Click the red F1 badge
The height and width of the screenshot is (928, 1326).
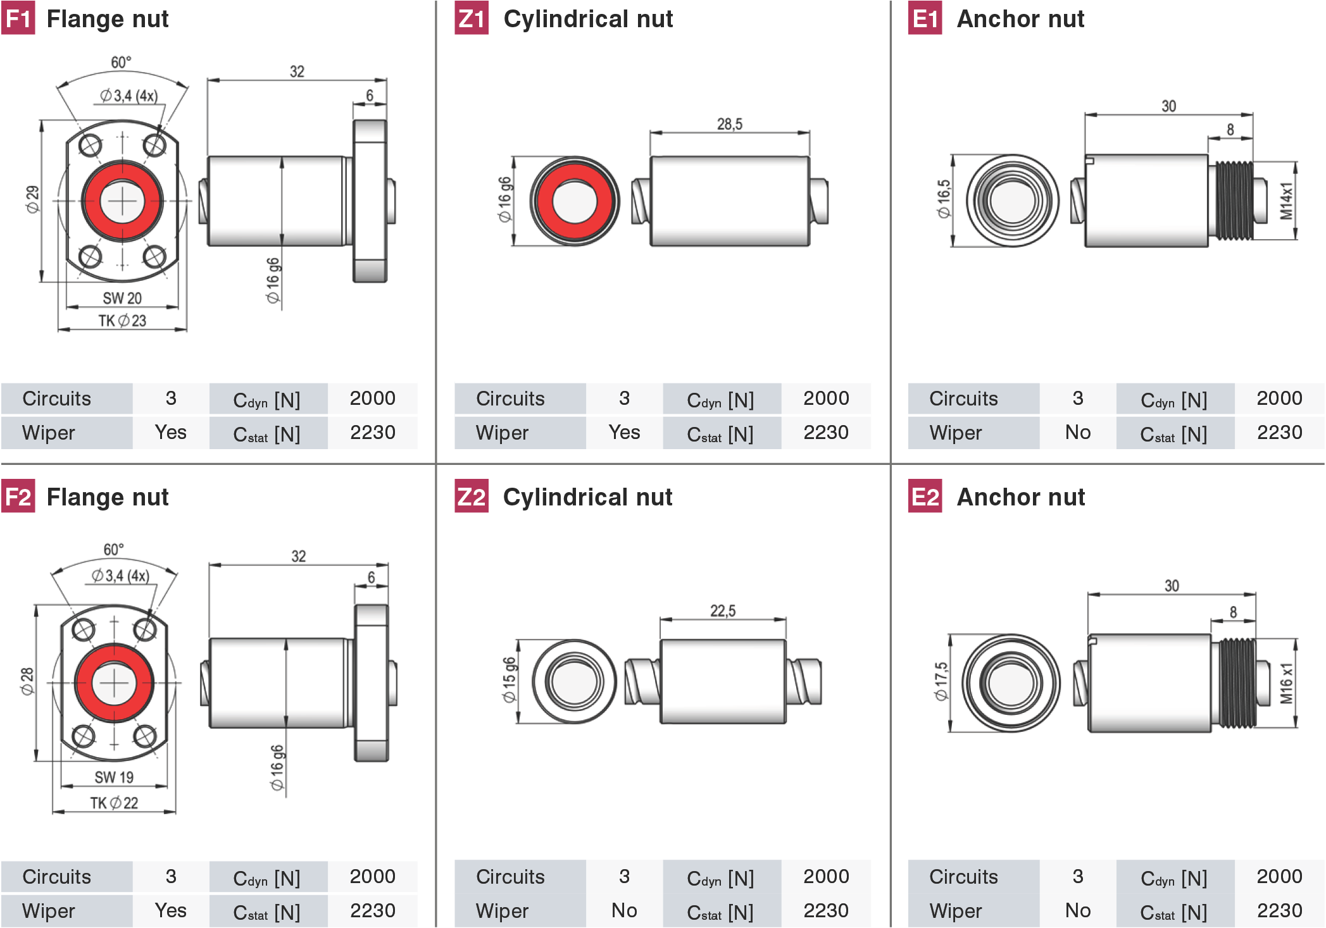18,18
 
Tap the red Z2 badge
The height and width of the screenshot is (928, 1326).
472,497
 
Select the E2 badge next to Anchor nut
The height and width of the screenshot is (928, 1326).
925,497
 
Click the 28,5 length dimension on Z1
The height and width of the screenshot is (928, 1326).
729,124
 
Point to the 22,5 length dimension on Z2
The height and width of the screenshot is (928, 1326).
722,610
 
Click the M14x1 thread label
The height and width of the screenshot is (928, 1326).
1285,201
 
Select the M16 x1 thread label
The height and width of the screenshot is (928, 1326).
1286,683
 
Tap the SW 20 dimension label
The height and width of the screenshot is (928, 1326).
122,298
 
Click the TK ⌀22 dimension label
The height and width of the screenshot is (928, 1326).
114,803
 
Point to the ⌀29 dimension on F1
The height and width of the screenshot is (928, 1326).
32,199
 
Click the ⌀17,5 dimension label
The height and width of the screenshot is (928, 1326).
941,681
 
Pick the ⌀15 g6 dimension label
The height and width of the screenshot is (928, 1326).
509,680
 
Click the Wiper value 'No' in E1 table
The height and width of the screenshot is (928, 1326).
1077,433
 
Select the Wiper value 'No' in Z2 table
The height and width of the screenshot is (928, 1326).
624,910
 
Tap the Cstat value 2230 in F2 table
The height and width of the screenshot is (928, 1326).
372,910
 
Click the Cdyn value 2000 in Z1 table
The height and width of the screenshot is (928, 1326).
826,399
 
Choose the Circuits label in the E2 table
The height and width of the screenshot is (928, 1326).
963,877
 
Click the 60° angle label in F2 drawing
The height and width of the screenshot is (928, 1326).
114,549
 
